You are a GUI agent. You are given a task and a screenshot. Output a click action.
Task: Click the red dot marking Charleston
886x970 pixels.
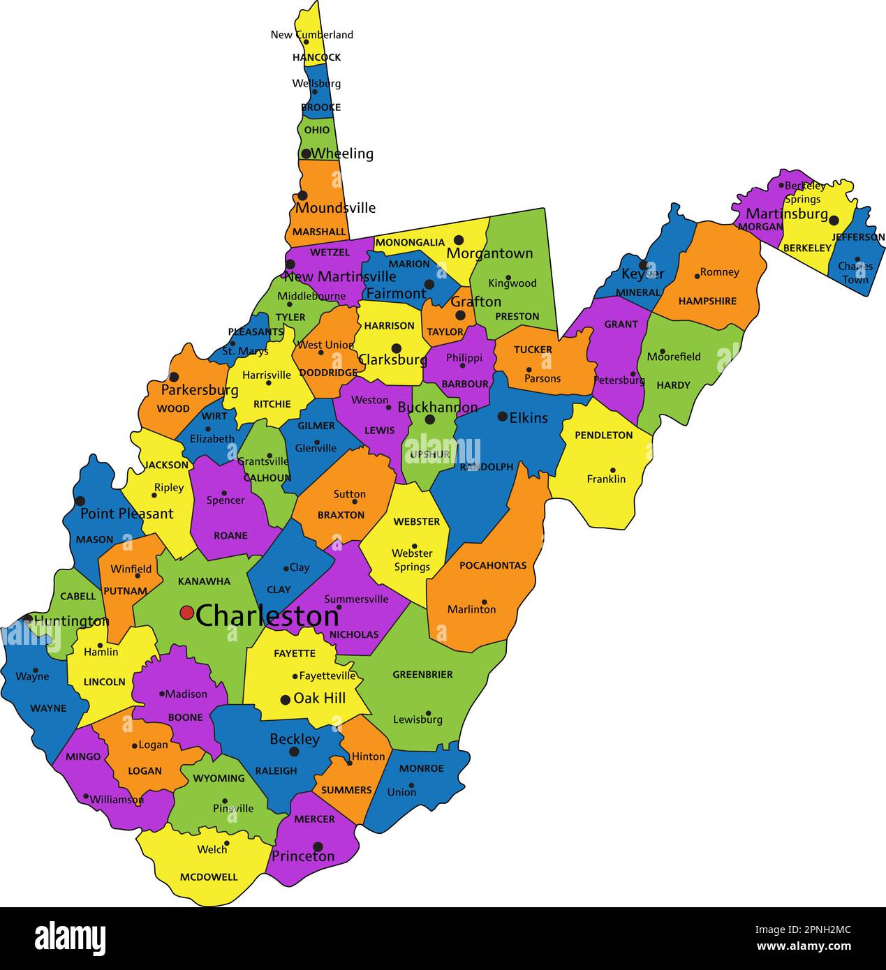[186, 613]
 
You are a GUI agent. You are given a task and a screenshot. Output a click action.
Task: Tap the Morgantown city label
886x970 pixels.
[489, 253]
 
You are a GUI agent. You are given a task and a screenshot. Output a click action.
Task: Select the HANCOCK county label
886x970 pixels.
[316, 57]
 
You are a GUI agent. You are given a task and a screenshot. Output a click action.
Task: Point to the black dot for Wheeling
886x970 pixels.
[306, 154]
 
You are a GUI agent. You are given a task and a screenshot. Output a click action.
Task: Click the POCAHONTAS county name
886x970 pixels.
[493, 565]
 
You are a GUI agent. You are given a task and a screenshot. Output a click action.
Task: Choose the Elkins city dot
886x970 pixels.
[503, 417]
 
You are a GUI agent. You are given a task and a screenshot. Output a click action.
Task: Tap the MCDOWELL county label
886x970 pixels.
[209, 877]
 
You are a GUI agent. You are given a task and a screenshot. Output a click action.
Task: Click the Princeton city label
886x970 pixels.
[303, 856]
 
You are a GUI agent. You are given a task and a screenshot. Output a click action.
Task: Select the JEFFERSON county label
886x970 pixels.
[858, 237]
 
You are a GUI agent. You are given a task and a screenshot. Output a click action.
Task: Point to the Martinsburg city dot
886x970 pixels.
[834, 220]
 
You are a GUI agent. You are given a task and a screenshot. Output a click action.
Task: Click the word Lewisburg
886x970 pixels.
[418, 719]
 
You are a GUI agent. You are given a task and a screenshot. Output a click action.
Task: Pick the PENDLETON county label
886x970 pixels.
[603, 435]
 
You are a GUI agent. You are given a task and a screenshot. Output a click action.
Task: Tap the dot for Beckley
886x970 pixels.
[294, 752]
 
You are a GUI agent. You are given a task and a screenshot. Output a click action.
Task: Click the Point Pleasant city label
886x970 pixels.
[126, 514]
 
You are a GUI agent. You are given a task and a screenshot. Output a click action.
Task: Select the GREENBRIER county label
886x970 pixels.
[422, 675]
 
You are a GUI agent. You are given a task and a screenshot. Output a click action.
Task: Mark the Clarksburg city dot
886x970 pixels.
[397, 348]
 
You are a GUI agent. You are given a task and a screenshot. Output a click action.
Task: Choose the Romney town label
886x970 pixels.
[719, 272]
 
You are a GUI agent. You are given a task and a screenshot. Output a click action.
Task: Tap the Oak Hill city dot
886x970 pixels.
[285, 699]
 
